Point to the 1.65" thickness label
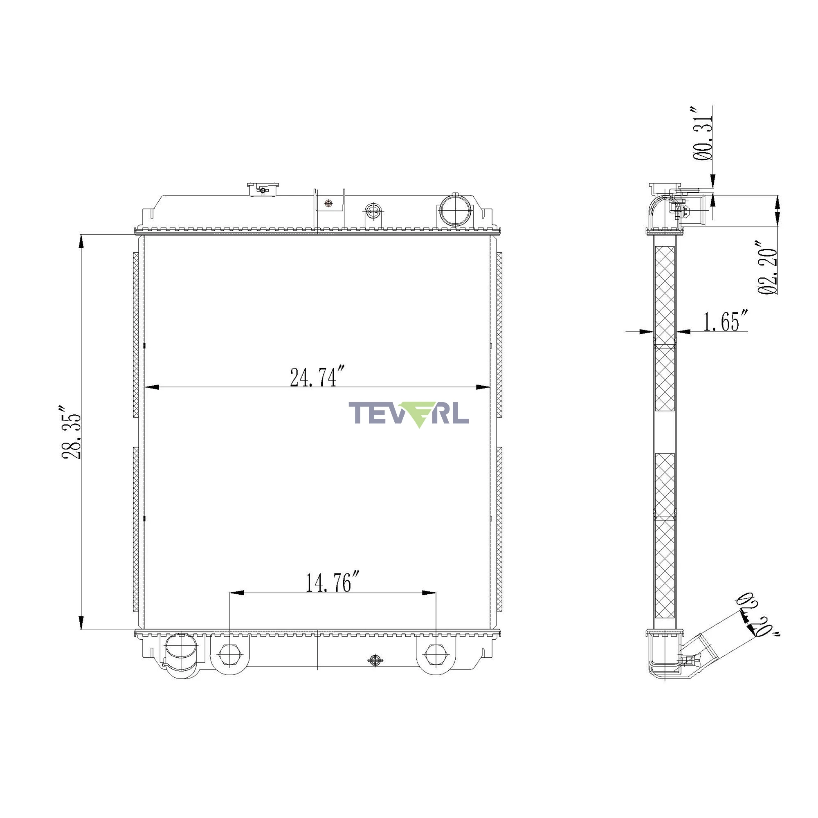pyautogui.click(x=725, y=321)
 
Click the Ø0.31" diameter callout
pyautogui.click(x=702, y=133)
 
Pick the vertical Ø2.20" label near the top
pyautogui.click(x=767, y=268)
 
